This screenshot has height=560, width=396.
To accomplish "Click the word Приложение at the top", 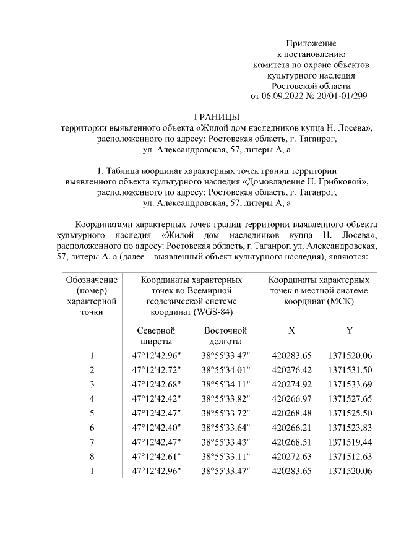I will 311,43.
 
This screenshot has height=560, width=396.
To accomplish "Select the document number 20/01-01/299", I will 342,96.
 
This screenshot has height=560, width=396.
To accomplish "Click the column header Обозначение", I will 92,280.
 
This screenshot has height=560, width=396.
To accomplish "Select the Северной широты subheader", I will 155,335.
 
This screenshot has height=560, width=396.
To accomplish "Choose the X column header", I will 291,330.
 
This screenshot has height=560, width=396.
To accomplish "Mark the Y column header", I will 350,330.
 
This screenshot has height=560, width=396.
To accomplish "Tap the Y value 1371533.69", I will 350,384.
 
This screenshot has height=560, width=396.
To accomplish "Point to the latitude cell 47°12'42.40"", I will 155,428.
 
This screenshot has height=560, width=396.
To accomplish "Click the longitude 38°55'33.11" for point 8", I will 225,457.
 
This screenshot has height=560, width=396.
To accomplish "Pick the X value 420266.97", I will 291,399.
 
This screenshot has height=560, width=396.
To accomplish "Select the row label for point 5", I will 92,413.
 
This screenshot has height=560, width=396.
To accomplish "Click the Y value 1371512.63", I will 350,457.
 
